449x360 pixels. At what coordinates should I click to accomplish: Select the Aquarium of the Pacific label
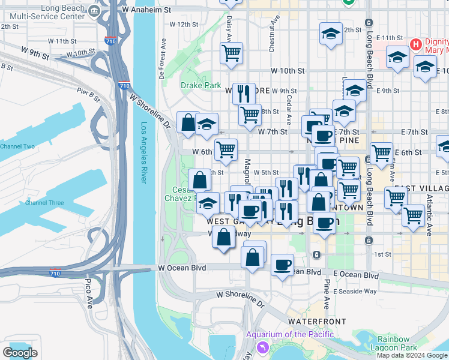tap(289, 334)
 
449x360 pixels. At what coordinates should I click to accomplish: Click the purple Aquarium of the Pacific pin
tap(262, 347)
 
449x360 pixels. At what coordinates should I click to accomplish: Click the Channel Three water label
tap(44, 203)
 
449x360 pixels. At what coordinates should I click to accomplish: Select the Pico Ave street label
tap(89, 291)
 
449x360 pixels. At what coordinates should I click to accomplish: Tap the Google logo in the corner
tap(20, 353)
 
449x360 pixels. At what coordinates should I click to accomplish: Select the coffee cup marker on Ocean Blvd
tap(282, 265)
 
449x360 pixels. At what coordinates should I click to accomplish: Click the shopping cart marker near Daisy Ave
tap(231, 53)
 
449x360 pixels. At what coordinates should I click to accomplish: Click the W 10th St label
tap(288, 71)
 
